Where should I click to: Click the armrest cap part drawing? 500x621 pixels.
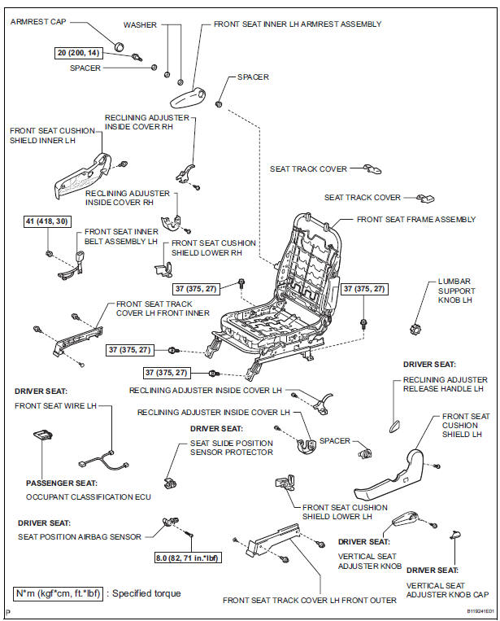(119, 46)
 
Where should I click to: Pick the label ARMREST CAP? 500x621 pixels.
(37, 21)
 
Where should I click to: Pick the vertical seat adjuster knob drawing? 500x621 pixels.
(405, 519)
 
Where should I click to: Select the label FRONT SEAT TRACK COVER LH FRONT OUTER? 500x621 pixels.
(310, 600)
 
